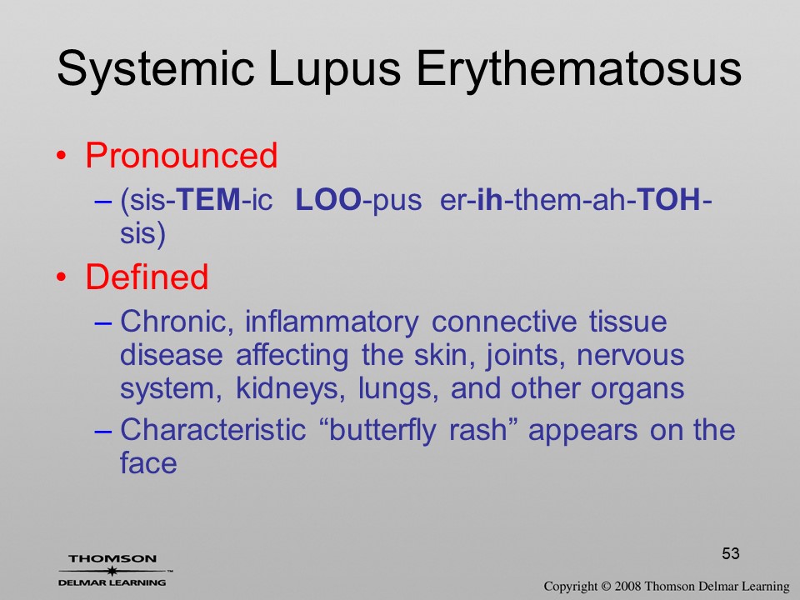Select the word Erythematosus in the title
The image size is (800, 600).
click(x=578, y=67)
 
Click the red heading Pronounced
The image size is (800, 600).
click(x=181, y=155)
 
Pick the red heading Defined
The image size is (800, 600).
click(x=147, y=277)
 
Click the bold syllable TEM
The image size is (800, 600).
click(x=208, y=199)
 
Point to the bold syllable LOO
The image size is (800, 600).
click(x=328, y=199)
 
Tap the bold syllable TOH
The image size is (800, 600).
click(x=669, y=199)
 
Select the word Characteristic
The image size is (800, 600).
click(x=212, y=430)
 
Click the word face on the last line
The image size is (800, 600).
click(x=148, y=462)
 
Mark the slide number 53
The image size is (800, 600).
click(x=731, y=553)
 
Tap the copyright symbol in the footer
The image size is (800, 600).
click(x=606, y=587)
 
